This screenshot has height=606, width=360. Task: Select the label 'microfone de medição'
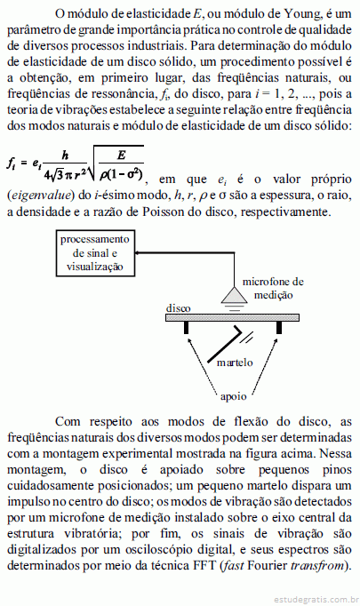pyautogui.click(x=273, y=288)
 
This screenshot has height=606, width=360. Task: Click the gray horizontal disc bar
pyautogui.click(x=232, y=318)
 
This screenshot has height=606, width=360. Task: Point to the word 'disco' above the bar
pyautogui.click(x=179, y=308)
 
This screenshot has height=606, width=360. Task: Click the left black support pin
pyautogui.click(x=187, y=327)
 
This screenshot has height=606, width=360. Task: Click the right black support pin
pyautogui.click(x=279, y=327)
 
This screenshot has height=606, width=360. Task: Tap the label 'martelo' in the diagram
pyautogui.click(x=235, y=363)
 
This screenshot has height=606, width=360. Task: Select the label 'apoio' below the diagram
pyautogui.click(x=233, y=397)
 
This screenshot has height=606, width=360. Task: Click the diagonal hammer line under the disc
pyautogui.click(x=225, y=345)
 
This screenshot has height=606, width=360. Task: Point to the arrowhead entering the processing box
pyautogui.click(x=138, y=252)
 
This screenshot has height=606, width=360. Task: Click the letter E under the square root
pyautogui.click(x=122, y=155)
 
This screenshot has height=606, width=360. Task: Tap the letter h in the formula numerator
pyautogui.click(x=66, y=155)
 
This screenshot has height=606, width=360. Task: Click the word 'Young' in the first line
pyautogui.click(x=303, y=13)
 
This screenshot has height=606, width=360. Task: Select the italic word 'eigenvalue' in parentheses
pyautogui.click(x=41, y=195)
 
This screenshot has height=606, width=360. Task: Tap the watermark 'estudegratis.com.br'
pyautogui.click(x=316, y=600)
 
